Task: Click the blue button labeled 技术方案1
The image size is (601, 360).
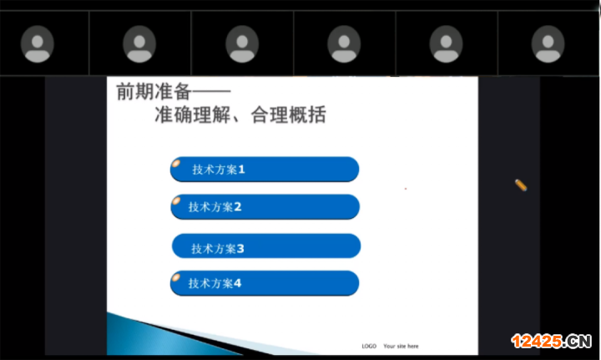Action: pyautogui.click(x=265, y=169)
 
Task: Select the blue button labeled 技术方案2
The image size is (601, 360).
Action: pyautogui.click(x=265, y=206)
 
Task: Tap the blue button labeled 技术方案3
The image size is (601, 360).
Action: pyautogui.click(x=266, y=246)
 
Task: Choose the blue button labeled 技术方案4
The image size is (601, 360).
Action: pyautogui.click(x=265, y=283)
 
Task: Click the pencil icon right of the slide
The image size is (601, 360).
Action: pyautogui.click(x=521, y=185)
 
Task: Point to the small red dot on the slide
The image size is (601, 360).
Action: pyautogui.click(x=406, y=189)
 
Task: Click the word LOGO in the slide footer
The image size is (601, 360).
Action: pyautogui.click(x=369, y=346)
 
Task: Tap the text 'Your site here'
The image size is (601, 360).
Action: pyautogui.click(x=401, y=346)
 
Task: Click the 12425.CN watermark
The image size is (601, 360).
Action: pyautogui.click(x=551, y=341)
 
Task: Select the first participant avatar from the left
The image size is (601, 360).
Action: pyautogui.click(x=38, y=44)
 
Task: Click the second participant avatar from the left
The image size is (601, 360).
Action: pyautogui.click(x=139, y=44)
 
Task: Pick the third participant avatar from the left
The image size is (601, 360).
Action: pyautogui.click(x=242, y=44)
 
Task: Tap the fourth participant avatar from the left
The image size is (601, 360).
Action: pyautogui.click(x=344, y=44)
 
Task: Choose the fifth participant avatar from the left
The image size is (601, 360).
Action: pyautogui.click(x=446, y=44)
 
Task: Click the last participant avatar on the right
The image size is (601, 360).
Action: pyautogui.click(x=548, y=44)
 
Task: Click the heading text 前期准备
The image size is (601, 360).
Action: pyautogui.click(x=154, y=92)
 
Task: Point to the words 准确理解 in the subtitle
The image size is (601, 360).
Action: pyautogui.click(x=193, y=114)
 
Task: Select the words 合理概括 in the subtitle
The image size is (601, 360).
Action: pyautogui.click(x=288, y=114)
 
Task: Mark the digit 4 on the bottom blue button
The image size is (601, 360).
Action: pyautogui.click(x=237, y=283)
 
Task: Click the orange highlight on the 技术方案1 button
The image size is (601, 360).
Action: pyautogui.click(x=176, y=164)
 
